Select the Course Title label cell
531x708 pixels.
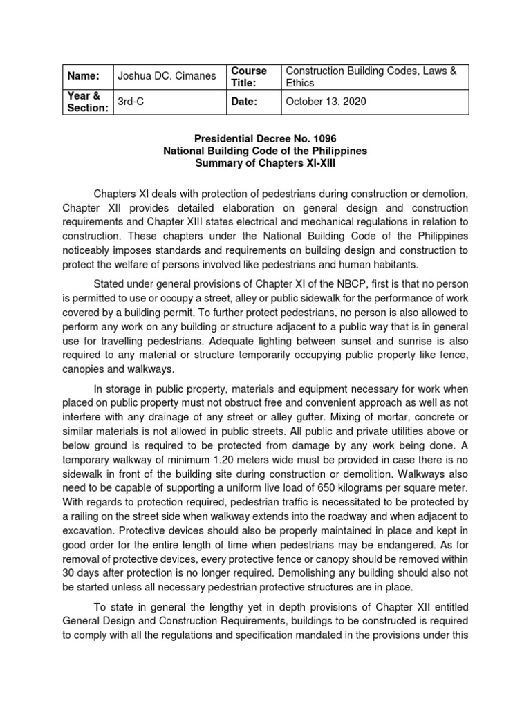click(248, 77)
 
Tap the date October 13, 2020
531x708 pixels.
click(326, 102)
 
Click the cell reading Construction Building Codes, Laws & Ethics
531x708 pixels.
click(371, 77)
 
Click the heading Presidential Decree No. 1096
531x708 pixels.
click(265, 138)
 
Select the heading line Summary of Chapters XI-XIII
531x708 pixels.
click(265, 163)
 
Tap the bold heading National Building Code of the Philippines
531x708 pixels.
click(265, 151)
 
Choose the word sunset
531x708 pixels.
click(358, 333)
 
